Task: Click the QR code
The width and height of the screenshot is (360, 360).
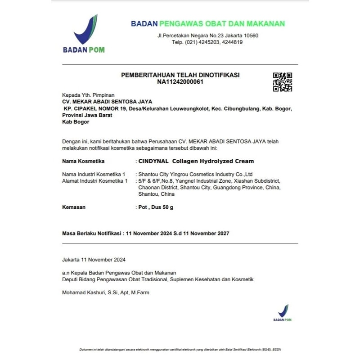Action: click(x=283, y=82)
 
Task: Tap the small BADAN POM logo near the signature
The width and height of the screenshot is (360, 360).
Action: click(x=283, y=313)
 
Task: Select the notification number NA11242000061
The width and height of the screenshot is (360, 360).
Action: click(x=180, y=82)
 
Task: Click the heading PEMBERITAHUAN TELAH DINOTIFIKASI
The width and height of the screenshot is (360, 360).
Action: click(x=180, y=75)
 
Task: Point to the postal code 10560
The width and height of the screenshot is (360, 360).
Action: click(x=249, y=36)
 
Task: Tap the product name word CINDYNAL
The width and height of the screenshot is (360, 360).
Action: click(x=153, y=161)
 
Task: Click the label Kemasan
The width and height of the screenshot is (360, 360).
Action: click(x=73, y=207)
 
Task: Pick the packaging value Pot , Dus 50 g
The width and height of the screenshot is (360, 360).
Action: click(x=156, y=207)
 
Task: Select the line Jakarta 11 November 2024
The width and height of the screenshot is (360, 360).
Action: click(x=94, y=260)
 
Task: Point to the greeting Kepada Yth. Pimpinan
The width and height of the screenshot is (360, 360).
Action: click(x=88, y=95)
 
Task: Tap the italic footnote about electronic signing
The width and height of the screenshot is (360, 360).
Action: click(x=180, y=350)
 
